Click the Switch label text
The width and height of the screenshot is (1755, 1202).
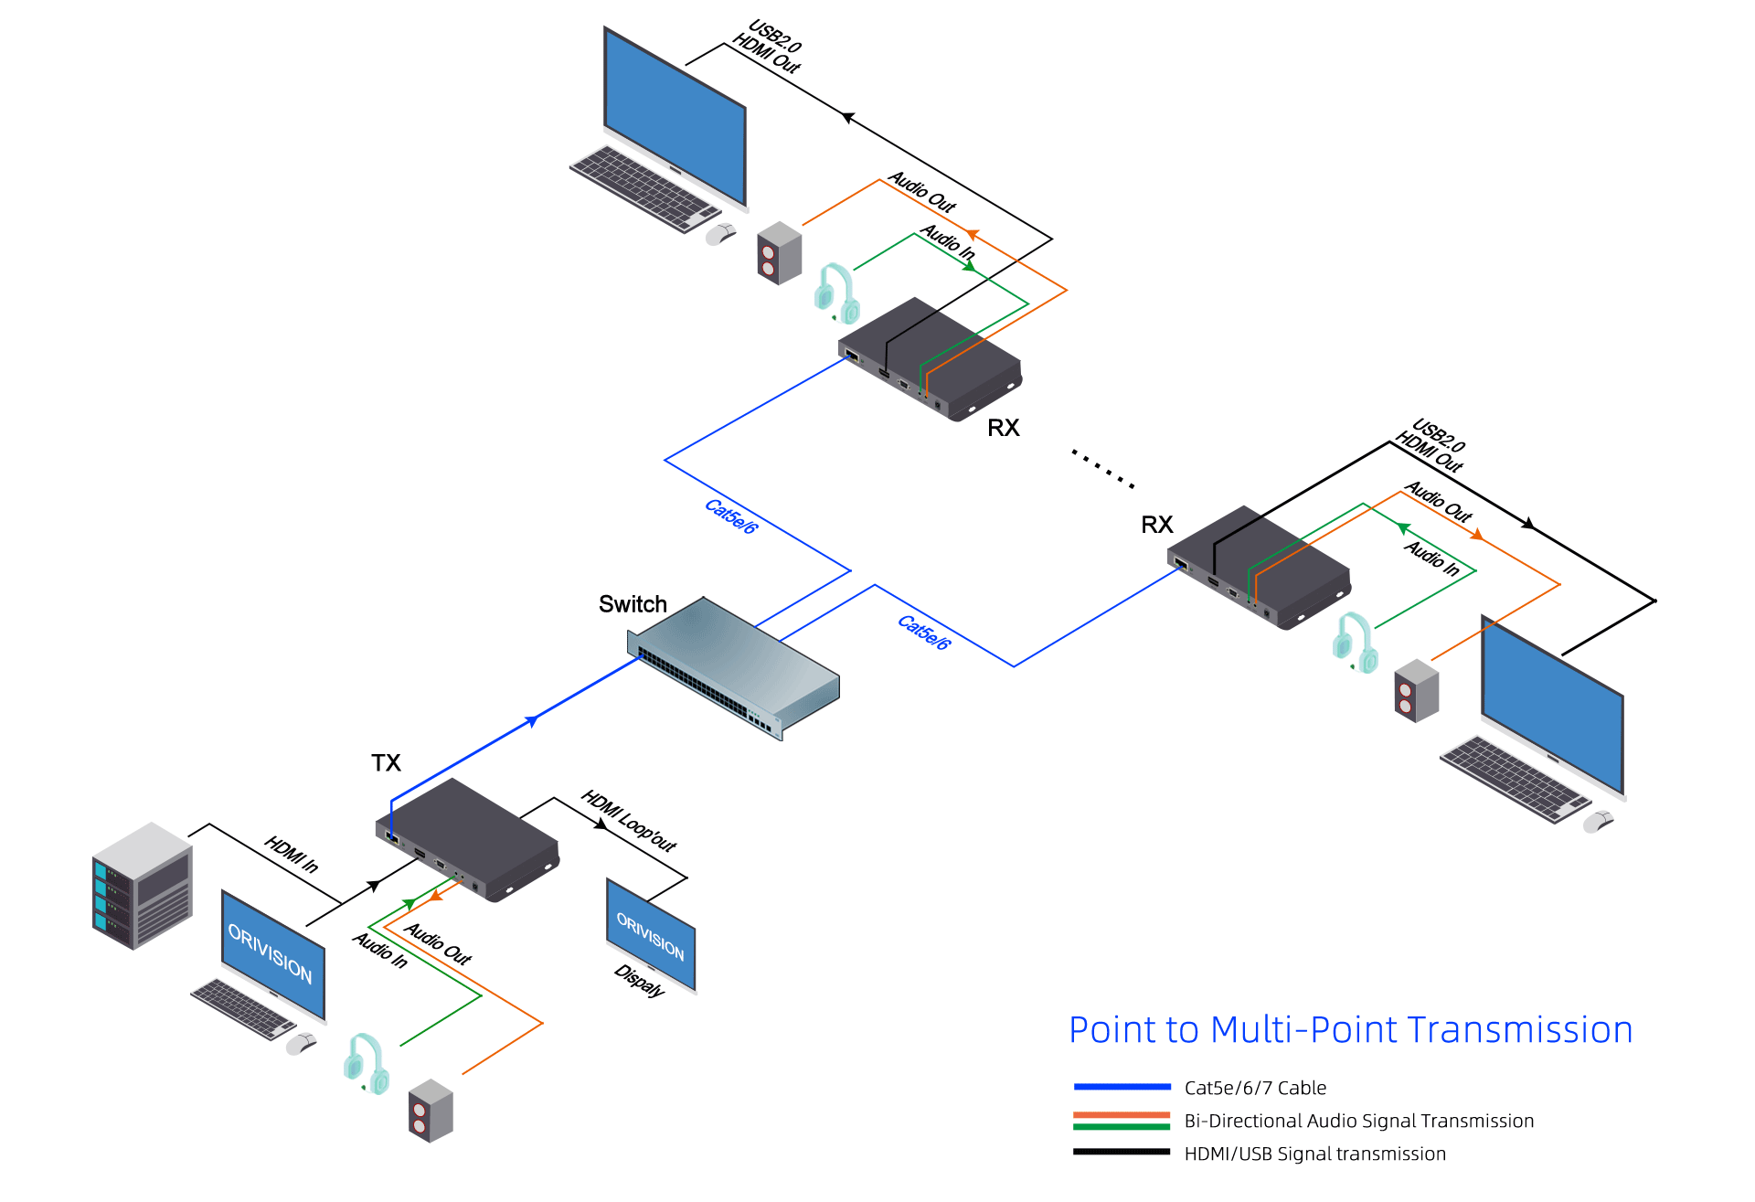point(633,604)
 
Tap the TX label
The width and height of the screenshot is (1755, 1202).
point(386,763)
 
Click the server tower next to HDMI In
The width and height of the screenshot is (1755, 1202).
point(142,886)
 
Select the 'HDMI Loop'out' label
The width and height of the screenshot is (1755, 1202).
point(629,821)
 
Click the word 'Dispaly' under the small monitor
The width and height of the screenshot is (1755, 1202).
point(639,981)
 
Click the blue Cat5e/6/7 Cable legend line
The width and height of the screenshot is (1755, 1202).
point(1122,1087)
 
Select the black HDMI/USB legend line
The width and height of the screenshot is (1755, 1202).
point(1122,1152)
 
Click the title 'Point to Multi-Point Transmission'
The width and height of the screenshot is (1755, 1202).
point(1350,1030)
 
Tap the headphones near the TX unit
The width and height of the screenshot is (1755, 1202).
point(367,1063)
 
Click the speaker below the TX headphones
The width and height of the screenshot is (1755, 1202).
point(431,1111)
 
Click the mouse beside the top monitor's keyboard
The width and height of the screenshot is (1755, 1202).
point(720,234)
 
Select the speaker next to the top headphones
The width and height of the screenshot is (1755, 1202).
point(779,253)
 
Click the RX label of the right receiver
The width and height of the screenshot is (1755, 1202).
point(1156,525)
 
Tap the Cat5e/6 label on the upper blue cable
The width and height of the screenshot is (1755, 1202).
point(731,516)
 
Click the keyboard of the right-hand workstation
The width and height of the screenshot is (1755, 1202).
point(1515,778)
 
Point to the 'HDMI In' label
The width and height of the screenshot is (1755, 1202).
point(292,854)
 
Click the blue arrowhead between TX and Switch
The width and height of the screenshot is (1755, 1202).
point(532,721)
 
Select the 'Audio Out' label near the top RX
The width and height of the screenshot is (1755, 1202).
point(922,192)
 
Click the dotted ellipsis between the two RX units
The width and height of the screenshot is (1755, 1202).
point(1103,468)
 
